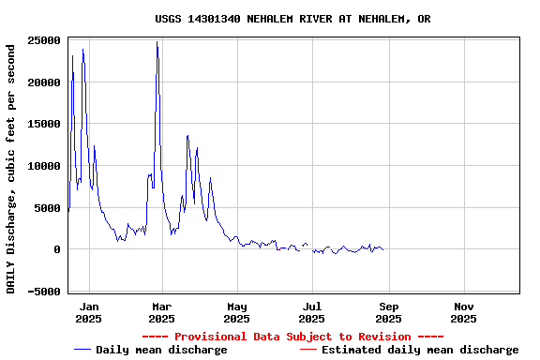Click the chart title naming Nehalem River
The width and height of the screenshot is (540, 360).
coord(292,19)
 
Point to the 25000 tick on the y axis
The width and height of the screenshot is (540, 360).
coord(45,40)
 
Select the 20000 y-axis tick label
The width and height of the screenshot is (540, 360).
coord(45,82)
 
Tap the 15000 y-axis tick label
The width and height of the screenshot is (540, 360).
coord(45,125)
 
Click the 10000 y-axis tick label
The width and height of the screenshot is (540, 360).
coord(45,166)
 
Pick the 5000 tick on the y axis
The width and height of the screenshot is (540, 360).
coord(48,208)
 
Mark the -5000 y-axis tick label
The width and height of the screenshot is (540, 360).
coord(45,292)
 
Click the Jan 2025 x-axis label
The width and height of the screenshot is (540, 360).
coord(89,312)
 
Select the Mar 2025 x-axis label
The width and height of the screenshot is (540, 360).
coord(161,312)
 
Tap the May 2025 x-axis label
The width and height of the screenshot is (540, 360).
coord(237,312)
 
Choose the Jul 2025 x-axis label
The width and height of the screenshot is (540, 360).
coord(313,312)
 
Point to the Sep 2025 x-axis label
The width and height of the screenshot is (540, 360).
coord(389,312)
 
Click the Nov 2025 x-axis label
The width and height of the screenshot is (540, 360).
coord(464,312)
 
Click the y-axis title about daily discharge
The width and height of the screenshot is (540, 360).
coord(11,166)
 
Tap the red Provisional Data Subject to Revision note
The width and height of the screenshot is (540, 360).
coord(292,337)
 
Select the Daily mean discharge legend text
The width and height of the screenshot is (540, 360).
coord(161,350)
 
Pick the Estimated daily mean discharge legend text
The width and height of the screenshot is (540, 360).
coord(420,350)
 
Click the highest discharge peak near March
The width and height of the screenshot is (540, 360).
coord(157,42)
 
